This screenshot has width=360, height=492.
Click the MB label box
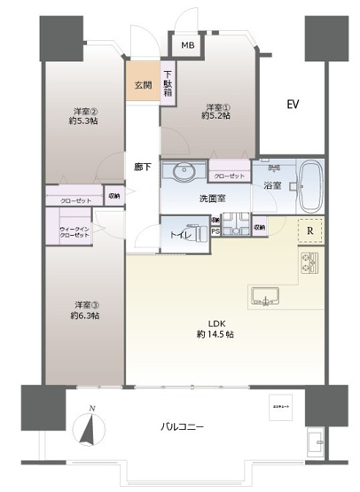point(188,46)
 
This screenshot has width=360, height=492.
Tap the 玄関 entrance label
point(143,86)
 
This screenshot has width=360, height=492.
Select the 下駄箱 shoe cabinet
point(168,83)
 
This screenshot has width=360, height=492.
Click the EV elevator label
point(292,105)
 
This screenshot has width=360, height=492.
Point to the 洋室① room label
point(217,109)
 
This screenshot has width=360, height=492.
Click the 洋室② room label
point(85,116)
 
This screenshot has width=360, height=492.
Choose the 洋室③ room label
point(85,309)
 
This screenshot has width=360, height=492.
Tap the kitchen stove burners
point(310,264)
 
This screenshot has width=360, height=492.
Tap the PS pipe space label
point(215,232)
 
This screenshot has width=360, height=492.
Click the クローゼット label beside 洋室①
point(230,176)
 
